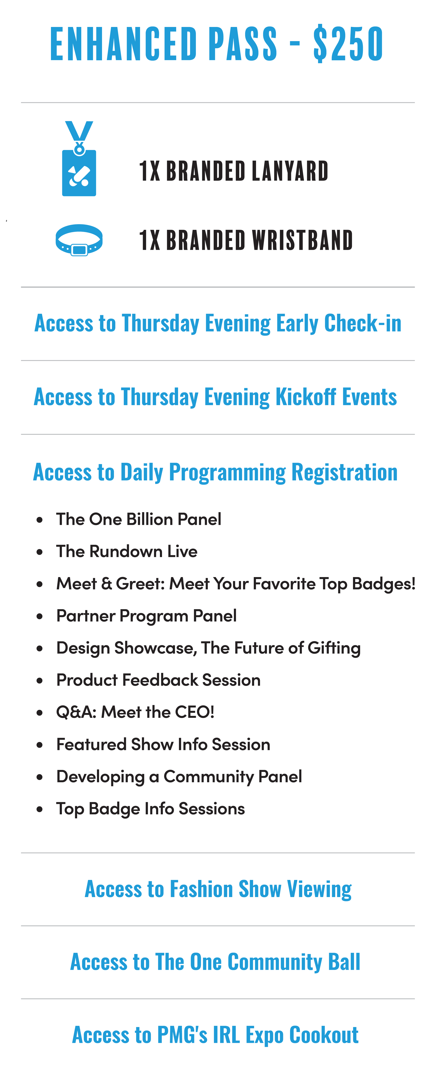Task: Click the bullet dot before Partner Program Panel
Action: (40, 616)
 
